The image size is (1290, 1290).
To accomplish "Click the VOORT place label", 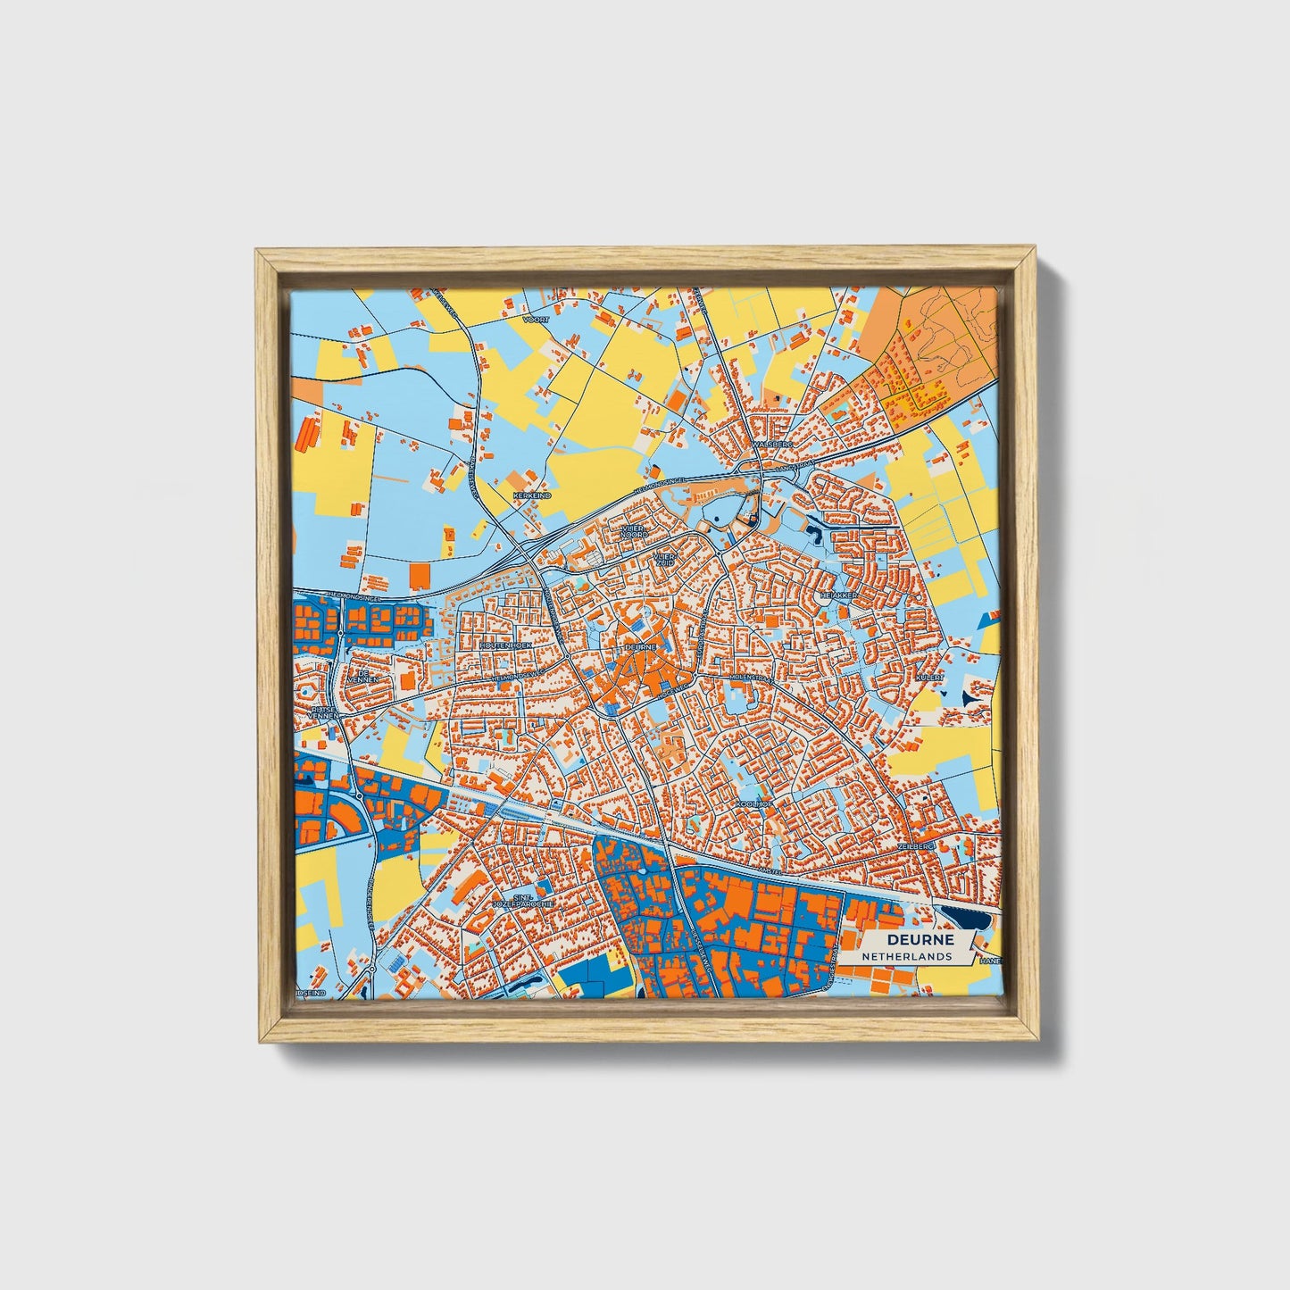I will tap(537, 319).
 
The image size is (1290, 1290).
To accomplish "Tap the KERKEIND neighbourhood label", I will tap(531, 495).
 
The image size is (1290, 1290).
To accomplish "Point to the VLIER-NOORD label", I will tap(634, 531).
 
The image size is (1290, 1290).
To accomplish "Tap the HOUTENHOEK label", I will tap(505, 644).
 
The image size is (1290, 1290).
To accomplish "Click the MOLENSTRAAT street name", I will tap(750, 678).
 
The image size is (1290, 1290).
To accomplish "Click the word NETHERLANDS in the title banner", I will tap(907, 956).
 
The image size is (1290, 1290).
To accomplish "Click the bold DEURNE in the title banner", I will tap(920, 940).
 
